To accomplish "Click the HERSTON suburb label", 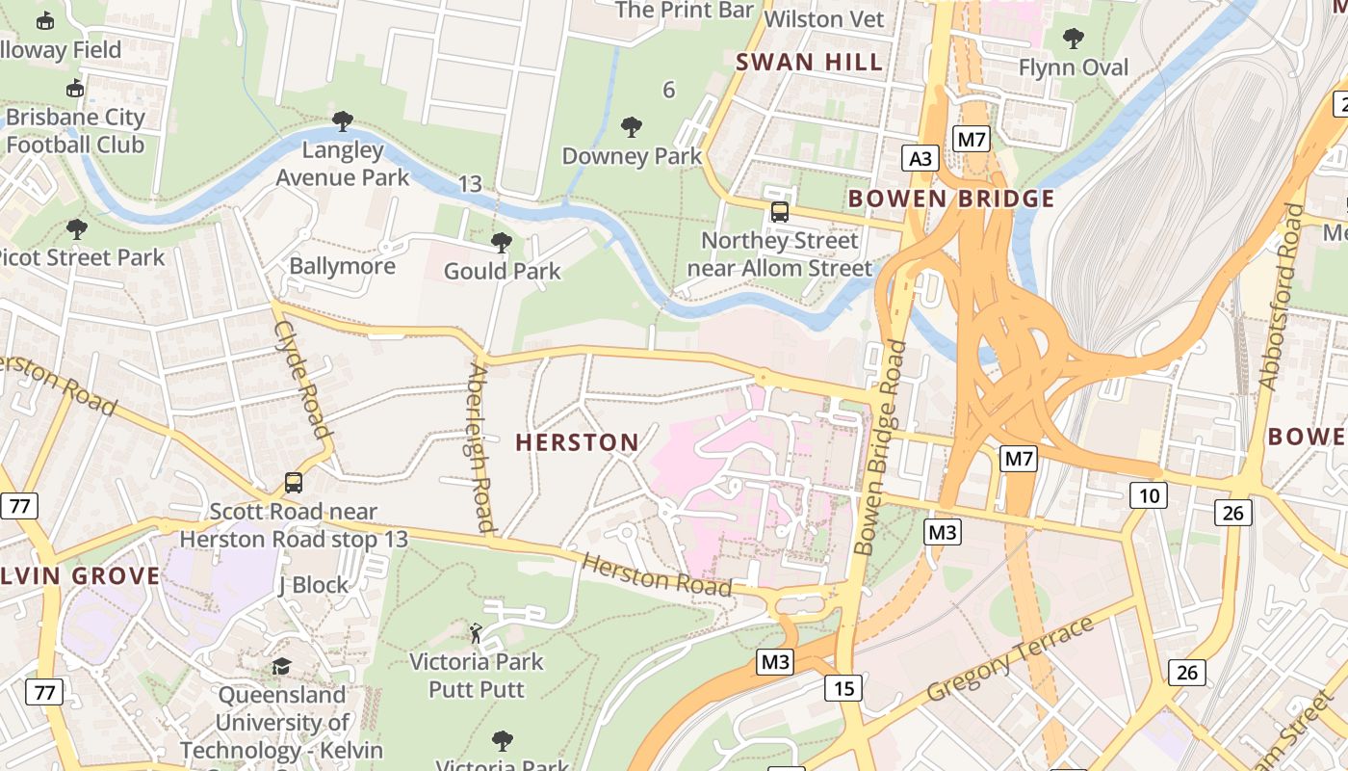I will point(577,442).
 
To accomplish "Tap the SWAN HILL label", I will point(809,63).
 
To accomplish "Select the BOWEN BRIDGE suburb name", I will point(951,199).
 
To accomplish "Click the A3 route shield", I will point(920,158).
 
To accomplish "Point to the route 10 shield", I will point(1149,496).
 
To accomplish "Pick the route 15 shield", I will point(843,688).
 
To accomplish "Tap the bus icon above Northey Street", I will point(779,212).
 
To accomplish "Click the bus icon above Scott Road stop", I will point(294,483).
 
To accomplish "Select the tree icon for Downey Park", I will point(632,126).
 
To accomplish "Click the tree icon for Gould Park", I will point(501,242).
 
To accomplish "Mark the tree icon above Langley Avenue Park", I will point(342,121).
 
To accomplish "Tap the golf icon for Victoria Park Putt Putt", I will point(476,633).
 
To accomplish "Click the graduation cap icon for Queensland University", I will point(281,666).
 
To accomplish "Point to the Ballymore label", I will point(343,266).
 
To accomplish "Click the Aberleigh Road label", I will point(480,448).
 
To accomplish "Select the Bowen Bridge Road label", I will point(880,448).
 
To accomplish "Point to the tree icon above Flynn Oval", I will point(1073,39).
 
